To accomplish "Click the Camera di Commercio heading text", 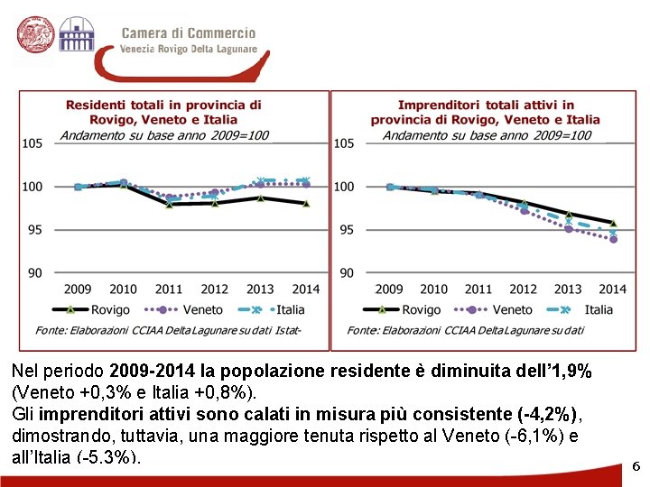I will point(189,33).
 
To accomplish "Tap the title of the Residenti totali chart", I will point(163,112).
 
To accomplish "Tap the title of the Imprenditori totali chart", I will point(485,112).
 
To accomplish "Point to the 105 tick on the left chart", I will point(32,142).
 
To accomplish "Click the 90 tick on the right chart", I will point(344,272).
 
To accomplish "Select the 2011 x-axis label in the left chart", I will point(169,289).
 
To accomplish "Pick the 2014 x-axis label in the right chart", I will point(612,289).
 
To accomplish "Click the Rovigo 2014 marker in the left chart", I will point(306,204).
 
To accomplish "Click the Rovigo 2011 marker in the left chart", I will point(169,204).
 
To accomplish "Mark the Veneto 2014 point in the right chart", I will point(613,240).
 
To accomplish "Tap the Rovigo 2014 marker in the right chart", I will point(613,223).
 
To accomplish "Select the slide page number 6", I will point(636,466).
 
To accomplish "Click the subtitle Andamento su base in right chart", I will point(487,135).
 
